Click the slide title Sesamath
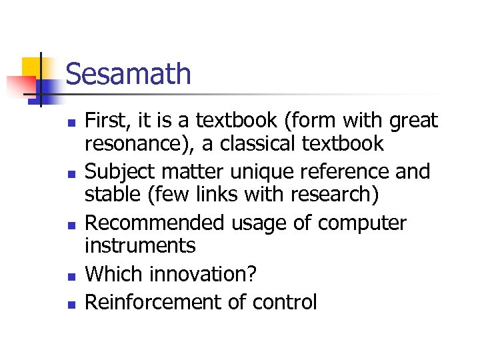128,74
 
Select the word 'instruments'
140,245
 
